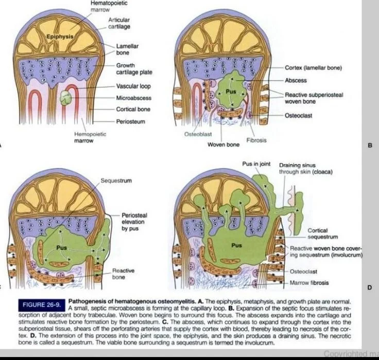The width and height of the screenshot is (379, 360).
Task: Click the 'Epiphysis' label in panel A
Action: pyautogui.click(x=60, y=37)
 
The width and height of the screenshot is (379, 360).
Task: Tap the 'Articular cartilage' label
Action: pyautogui.click(x=119, y=23)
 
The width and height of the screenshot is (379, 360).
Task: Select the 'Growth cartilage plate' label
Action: pyautogui.click(x=134, y=69)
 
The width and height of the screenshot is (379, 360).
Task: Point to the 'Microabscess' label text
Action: pyautogui.click(x=133, y=97)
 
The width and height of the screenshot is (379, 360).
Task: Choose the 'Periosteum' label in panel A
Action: pyautogui.click(x=130, y=122)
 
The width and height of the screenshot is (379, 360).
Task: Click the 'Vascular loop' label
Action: pyautogui.click(x=133, y=86)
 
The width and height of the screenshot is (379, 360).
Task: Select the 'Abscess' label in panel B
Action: pyautogui.click(x=296, y=80)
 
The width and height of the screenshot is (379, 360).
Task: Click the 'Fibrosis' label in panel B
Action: pyautogui.click(x=256, y=140)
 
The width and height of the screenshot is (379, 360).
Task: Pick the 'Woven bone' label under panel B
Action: pyautogui.click(x=223, y=145)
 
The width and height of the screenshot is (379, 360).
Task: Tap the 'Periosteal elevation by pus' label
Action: pyautogui.click(x=134, y=221)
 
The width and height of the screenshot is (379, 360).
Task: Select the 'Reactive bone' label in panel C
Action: pyautogui.click(x=124, y=273)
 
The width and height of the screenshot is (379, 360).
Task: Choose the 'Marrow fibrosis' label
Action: pyautogui.click(x=309, y=283)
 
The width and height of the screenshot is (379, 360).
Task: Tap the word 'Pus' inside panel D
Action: pyautogui.click(x=236, y=245)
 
